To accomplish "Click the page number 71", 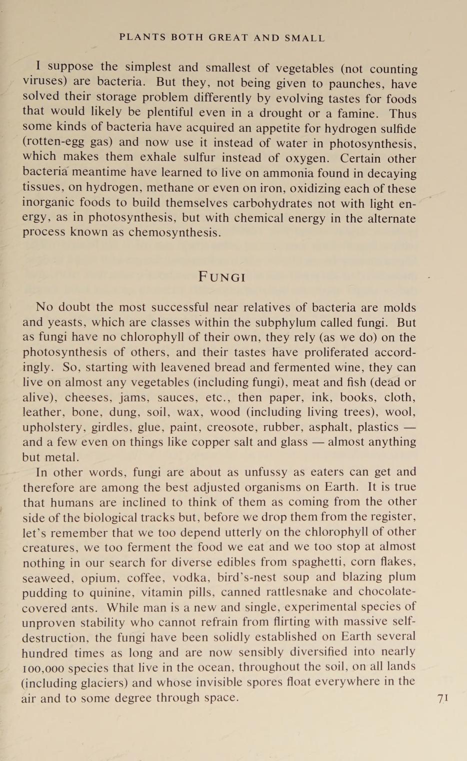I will point(442,698).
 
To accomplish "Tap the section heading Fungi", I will point(222,276).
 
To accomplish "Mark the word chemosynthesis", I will point(174,233).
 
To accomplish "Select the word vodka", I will point(190,577).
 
